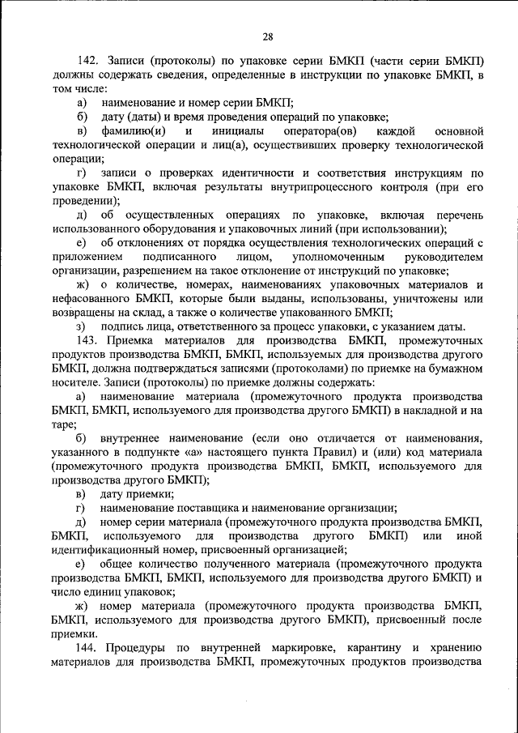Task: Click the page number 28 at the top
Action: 268,36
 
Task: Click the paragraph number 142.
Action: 87,62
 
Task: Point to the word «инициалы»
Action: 232,130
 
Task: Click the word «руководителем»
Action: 444,256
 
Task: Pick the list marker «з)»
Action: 81,326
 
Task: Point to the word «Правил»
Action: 336,452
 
